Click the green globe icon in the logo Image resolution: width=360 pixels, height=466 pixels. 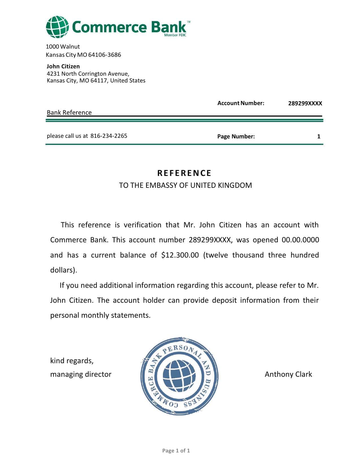tap(57, 27)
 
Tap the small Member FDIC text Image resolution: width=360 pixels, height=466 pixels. tap(175, 35)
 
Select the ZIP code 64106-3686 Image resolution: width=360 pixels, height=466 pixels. tap(104, 55)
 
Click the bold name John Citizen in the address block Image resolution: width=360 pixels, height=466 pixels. tap(63, 66)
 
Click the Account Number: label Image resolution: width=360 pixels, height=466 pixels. tap(241, 103)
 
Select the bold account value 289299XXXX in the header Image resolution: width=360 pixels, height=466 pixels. tap(305, 103)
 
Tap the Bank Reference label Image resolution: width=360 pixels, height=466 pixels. tap(69, 112)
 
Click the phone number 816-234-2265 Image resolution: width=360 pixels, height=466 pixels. tap(109, 136)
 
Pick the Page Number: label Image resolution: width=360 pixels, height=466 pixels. tap(236, 136)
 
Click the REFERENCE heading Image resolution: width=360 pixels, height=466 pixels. tap(184, 173)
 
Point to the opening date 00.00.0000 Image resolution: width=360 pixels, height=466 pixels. tap(300, 240)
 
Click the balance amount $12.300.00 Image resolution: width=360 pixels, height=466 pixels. tap(180, 255)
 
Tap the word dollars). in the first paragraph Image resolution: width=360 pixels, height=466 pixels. tap(64, 270)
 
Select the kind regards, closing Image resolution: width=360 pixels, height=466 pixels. tap(72, 361)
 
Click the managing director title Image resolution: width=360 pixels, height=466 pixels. tap(81, 374)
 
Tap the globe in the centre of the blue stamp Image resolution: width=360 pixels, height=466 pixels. tap(179, 376)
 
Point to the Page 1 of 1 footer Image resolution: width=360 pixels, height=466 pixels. tap(176, 450)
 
